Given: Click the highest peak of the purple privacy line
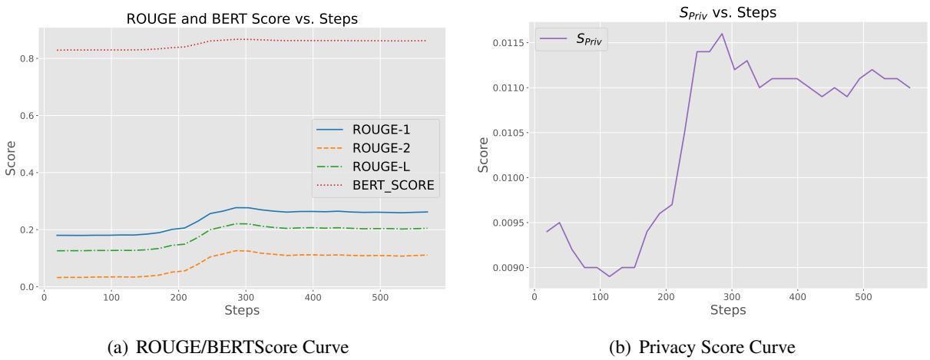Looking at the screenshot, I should click(722, 34).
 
